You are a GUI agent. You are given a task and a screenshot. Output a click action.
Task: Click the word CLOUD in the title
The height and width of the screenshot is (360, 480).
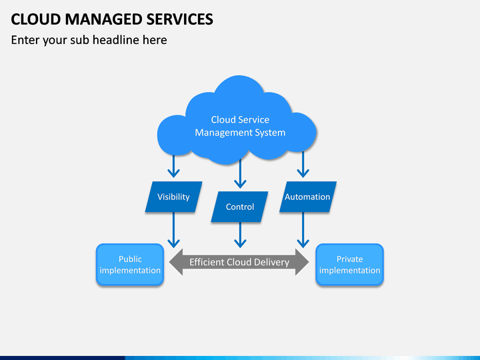(x=36, y=19)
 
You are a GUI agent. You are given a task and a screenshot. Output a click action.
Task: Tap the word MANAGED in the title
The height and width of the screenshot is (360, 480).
(x=103, y=19)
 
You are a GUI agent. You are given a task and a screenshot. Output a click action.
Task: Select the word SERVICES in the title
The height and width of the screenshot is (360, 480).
(x=180, y=19)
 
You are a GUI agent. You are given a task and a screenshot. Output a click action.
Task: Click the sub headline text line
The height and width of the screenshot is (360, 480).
(x=89, y=40)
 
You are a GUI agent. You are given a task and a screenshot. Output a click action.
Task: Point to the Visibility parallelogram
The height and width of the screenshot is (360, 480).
(x=173, y=197)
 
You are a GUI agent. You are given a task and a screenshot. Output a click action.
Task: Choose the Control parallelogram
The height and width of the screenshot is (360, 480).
(x=240, y=207)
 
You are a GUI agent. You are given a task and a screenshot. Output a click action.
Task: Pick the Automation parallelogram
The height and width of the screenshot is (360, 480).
(x=307, y=197)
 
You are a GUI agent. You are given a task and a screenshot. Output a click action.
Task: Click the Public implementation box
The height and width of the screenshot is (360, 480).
(x=130, y=265)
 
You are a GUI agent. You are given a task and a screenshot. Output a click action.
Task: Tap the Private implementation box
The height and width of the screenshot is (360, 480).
(x=349, y=265)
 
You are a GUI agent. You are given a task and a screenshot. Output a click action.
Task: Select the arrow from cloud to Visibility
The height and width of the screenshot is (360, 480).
(x=173, y=166)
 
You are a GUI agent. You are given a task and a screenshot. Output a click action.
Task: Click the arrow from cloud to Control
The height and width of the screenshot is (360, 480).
(x=240, y=173)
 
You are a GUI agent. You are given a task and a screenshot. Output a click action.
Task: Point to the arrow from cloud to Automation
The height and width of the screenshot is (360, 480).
(x=303, y=165)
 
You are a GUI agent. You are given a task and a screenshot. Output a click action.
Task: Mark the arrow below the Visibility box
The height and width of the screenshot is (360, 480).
(x=173, y=230)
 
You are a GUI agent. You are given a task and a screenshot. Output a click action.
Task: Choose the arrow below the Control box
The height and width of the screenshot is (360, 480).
(x=240, y=235)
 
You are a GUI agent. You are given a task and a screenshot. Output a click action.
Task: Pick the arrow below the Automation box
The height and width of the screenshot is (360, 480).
(x=303, y=230)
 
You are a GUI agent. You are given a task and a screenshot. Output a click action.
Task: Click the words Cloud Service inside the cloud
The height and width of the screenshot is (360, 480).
(x=240, y=120)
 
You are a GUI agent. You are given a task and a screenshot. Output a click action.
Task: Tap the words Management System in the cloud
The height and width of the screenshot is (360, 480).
(x=240, y=133)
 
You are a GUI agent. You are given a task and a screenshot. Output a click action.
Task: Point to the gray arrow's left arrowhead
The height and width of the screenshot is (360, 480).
(x=176, y=262)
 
